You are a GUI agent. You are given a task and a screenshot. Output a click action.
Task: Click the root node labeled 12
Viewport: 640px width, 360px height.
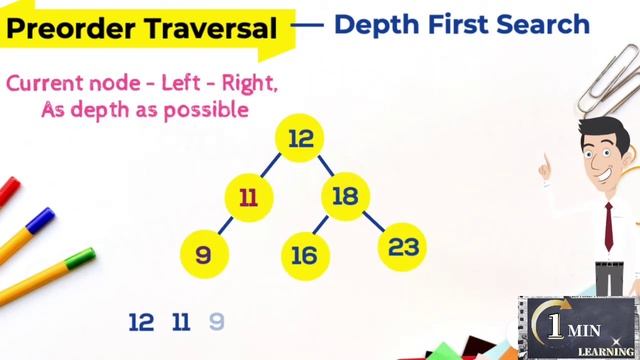pos(300,139)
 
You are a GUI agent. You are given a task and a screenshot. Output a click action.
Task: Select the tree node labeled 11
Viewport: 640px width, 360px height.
pos(249,197)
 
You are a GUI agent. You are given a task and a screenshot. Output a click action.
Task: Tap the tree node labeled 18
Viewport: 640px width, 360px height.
pos(344,196)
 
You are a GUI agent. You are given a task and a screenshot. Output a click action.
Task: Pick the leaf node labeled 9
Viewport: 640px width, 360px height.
pos(204,254)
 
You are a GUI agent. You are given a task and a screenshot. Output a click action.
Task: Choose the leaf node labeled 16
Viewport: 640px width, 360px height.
pos(304,255)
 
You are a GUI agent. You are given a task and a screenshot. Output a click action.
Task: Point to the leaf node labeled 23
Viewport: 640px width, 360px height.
pos(403,246)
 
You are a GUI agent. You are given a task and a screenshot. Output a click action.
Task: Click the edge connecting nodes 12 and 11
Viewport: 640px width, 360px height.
pos(274,167)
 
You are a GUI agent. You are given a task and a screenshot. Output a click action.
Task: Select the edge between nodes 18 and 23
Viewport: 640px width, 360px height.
pos(373,221)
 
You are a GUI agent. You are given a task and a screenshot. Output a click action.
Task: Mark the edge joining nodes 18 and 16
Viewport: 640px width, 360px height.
pos(323,226)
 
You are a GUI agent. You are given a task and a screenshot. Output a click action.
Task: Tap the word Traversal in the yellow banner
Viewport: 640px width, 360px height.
pos(211,29)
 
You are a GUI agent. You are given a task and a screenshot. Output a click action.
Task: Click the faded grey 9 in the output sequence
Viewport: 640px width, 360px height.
pos(216,322)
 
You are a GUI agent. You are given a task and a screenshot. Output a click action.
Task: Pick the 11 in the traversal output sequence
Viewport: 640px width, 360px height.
pos(181,322)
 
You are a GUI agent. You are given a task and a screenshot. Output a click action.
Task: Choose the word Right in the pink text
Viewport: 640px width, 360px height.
pos(249,82)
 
